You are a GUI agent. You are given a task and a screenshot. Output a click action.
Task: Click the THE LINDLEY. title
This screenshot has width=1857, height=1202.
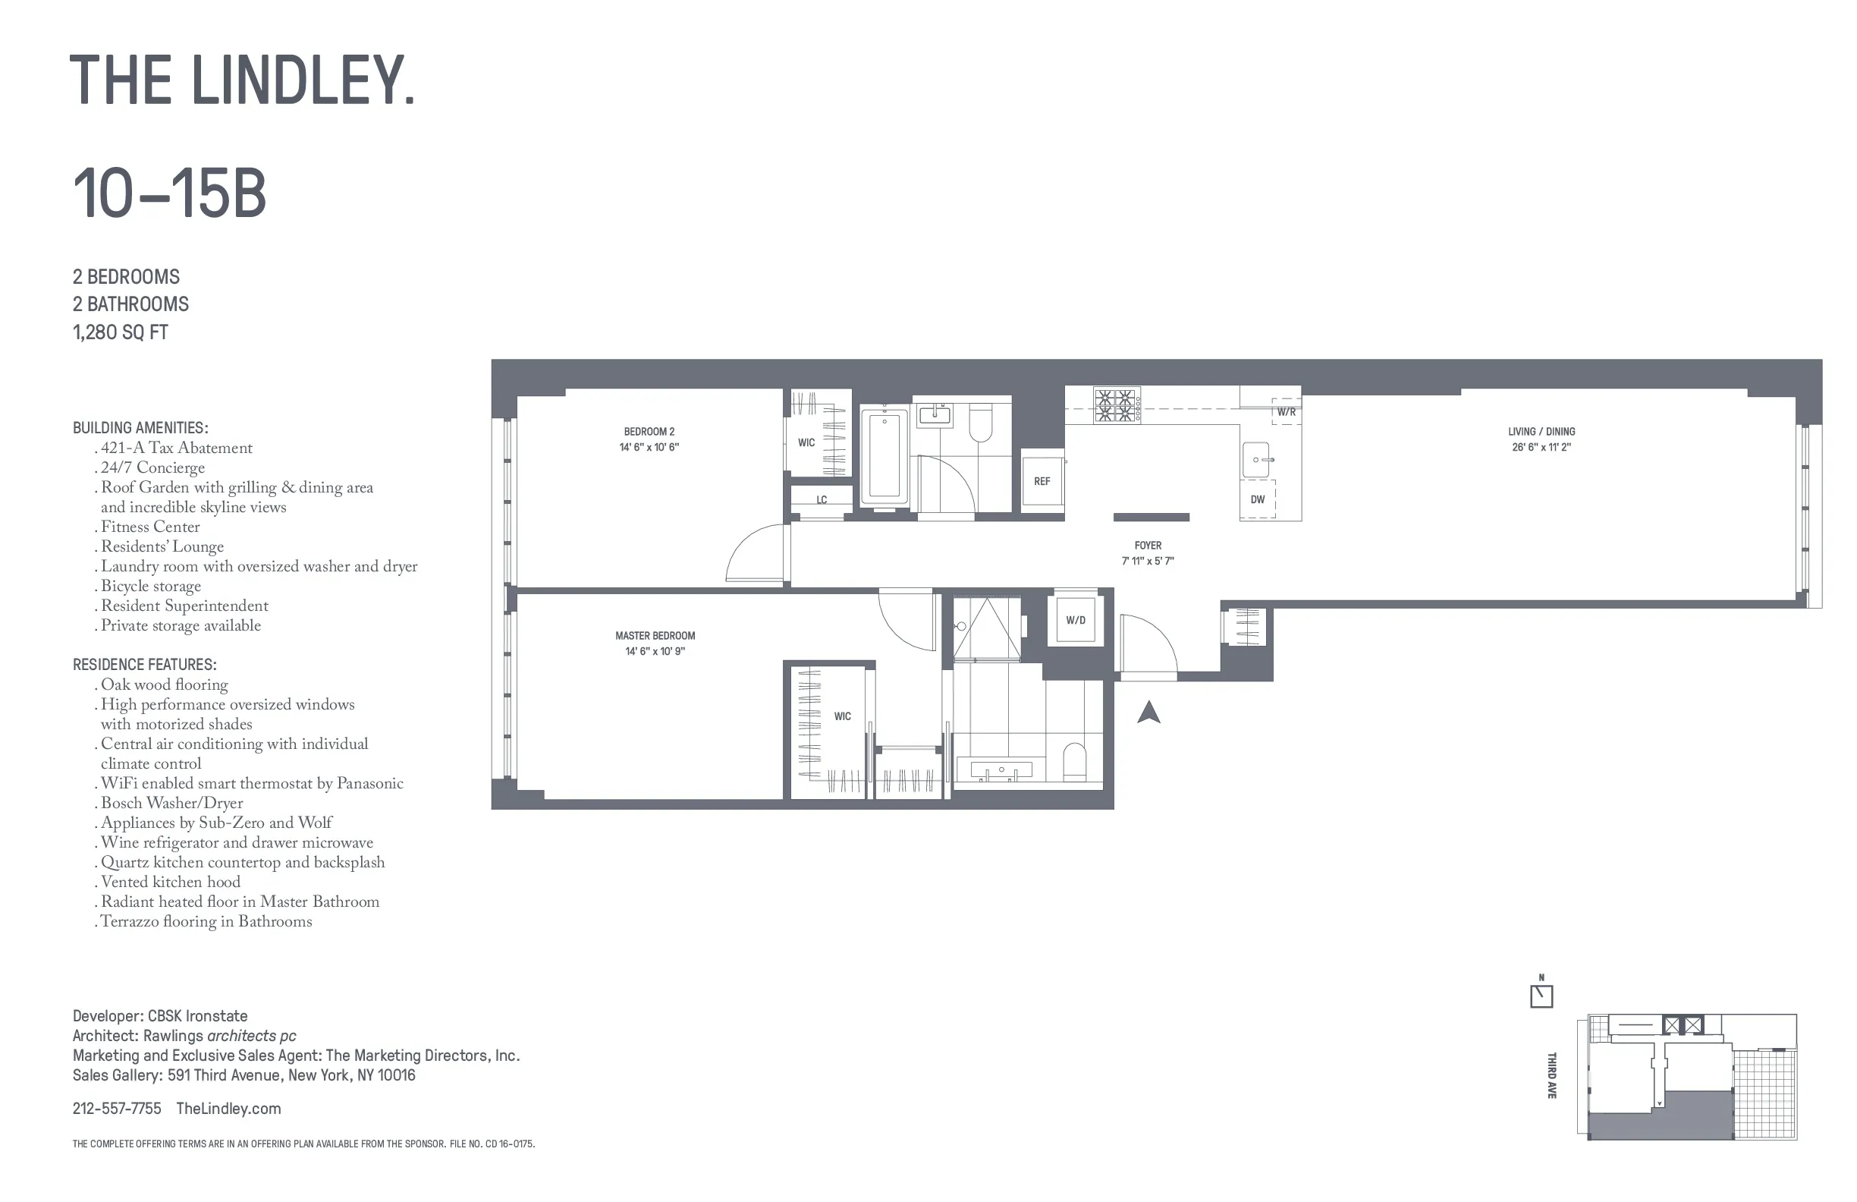click(242, 80)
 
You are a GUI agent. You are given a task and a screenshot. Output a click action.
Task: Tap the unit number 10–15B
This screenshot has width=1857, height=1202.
click(169, 194)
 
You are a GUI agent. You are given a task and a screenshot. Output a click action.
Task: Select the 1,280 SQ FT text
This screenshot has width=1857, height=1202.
click(120, 332)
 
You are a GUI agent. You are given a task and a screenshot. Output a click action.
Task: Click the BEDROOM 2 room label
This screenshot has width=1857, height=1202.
click(649, 432)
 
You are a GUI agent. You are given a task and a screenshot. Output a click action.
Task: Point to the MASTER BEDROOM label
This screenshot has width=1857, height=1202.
click(655, 636)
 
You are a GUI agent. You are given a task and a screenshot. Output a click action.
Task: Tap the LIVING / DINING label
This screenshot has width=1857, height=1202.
click(1541, 432)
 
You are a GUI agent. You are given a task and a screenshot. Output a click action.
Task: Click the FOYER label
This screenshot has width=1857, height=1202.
click(1148, 546)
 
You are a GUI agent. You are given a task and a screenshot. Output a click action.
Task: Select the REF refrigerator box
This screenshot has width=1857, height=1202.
click(1042, 481)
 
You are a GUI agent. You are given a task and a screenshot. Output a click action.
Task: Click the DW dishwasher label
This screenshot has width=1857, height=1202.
click(1258, 499)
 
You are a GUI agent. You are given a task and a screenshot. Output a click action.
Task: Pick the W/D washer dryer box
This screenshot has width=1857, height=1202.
click(1075, 621)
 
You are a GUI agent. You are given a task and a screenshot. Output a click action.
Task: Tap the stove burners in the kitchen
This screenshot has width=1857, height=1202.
click(1115, 406)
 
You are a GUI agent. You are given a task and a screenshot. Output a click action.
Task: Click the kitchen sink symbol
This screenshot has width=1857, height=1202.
click(1256, 460)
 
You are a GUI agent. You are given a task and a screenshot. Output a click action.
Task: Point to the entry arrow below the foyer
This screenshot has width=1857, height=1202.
click(1148, 713)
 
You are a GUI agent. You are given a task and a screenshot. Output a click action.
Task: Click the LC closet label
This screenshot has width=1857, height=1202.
click(822, 500)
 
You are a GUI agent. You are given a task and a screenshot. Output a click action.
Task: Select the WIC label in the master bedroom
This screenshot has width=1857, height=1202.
click(843, 716)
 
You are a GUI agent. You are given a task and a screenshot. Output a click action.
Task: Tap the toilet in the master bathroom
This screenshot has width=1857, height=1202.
click(1074, 761)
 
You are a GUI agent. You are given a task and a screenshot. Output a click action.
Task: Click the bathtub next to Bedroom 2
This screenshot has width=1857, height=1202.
click(884, 457)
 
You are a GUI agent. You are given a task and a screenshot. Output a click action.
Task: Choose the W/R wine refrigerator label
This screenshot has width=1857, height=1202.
click(1286, 412)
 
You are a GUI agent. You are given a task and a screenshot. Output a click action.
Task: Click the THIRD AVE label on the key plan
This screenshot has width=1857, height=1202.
click(1552, 1075)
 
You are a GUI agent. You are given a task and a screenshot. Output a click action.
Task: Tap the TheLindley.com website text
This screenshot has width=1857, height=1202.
click(228, 1109)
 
